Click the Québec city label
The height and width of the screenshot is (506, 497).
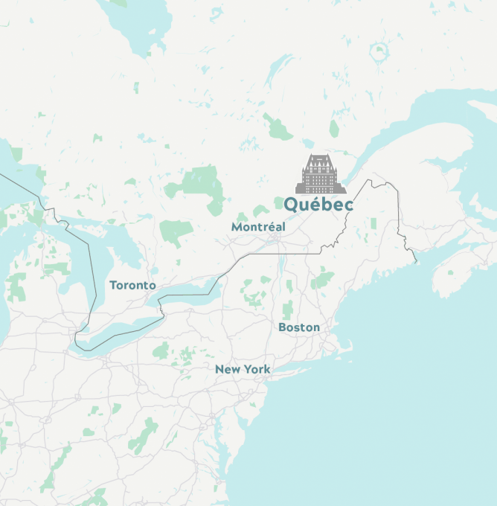pos(318,204)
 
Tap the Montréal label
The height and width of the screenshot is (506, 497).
pos(258,226)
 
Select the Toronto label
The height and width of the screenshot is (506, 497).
pos(132,285)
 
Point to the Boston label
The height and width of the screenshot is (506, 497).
pos(299,327)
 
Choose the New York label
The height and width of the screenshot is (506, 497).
pos(243,369)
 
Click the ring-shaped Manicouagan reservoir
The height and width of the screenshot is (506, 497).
pos(380,52)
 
